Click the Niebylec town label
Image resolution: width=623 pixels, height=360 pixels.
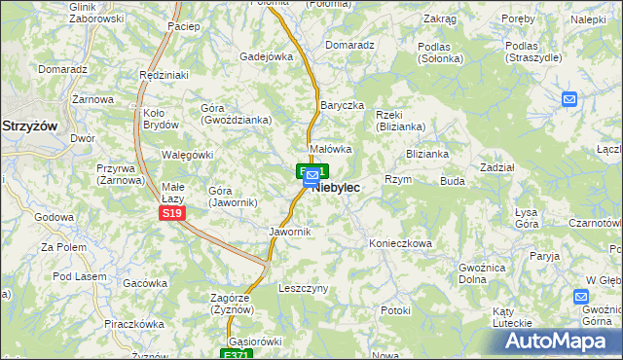click(x=337, y=187)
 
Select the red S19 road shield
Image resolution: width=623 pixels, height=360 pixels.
click(x=171, y=212)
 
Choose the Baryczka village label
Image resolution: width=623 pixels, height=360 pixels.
click(x=342, y=105)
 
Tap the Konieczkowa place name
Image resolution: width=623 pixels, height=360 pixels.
click(x=399, y=243)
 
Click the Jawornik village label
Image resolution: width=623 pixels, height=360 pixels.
click(x=289, y=232)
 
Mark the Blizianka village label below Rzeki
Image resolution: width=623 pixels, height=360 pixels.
click(x=427, y=154)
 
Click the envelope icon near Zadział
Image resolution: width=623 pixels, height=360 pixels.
click(x=569, y=99)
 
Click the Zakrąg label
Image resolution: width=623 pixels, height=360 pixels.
click(x=440, y=19)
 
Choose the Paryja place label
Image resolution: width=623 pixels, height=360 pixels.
click(x=544, y=256)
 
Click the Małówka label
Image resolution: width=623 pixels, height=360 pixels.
click(x=329, y=149)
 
